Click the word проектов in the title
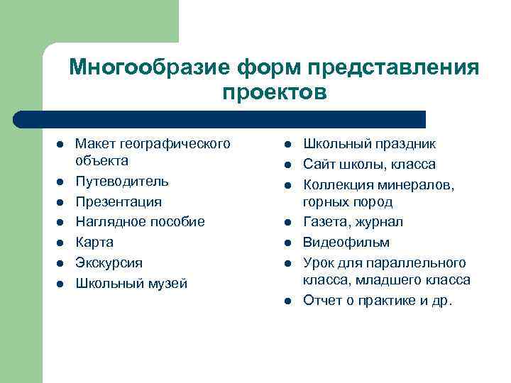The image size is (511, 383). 275,92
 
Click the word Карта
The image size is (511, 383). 94,242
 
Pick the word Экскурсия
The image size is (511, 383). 109,262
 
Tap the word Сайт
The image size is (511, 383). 317,165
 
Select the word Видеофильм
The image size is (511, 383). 340,242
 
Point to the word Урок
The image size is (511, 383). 317,262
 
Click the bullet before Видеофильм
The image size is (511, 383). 288,243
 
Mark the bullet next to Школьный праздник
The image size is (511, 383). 288,145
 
